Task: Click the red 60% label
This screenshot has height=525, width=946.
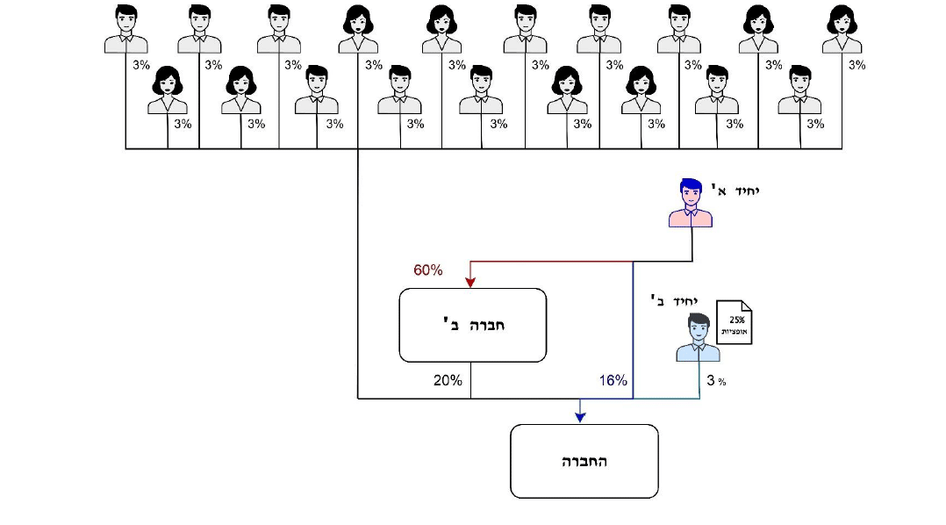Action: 427,270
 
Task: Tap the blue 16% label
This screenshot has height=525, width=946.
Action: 613,380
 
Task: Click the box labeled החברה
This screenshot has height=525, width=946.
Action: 584,461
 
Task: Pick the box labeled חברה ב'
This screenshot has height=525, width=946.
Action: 472,325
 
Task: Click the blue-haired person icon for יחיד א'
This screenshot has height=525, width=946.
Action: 691,203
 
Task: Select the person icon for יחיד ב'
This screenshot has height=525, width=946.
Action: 698,338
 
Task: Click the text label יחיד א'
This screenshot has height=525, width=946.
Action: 735,187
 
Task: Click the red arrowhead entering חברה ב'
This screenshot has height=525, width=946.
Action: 470,282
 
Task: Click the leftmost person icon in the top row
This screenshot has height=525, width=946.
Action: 125,29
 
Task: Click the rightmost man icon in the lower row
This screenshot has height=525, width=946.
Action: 799,90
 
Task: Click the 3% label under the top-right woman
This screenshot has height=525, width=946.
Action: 856,65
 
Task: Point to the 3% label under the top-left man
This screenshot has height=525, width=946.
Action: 141,65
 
